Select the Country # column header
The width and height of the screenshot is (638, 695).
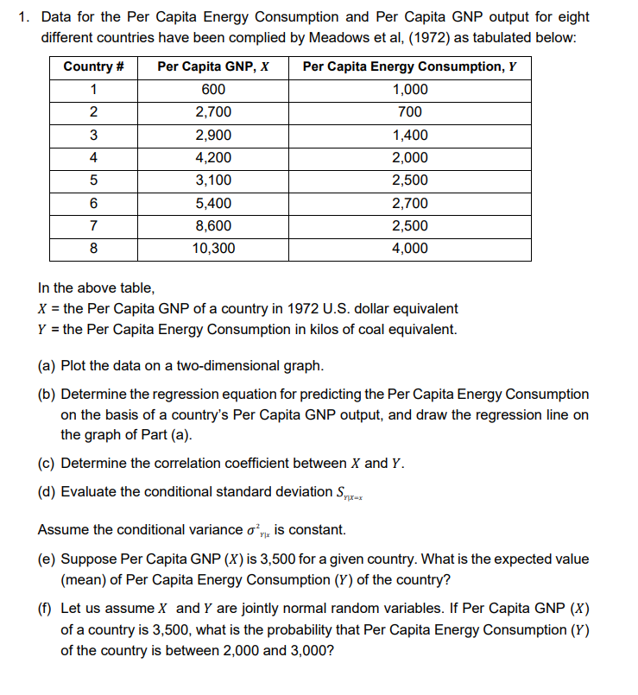pyautogui.click(x=93, y=67)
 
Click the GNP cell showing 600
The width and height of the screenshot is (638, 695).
pyautogui.click(x=213, y=90)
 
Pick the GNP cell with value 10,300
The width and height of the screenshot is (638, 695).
pyautogui.click(x=213, y=249)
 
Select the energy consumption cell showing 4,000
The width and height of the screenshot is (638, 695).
pyautogui.click(x=409, y=249)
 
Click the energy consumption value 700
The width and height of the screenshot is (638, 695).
pyautogui.click(x=409, y=112)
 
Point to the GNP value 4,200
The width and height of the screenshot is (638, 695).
pyautogui.click(x=213, y=158)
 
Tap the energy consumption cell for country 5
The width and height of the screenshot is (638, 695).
pyautogui.click(x=409, y=180)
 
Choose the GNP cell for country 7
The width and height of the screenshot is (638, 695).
pyautogui.click(x=213, y=226)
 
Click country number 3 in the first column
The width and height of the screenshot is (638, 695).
pyautogui.click(x=93, y=136)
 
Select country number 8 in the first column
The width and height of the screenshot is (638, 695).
pyautogui.click(x=93, y=249)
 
